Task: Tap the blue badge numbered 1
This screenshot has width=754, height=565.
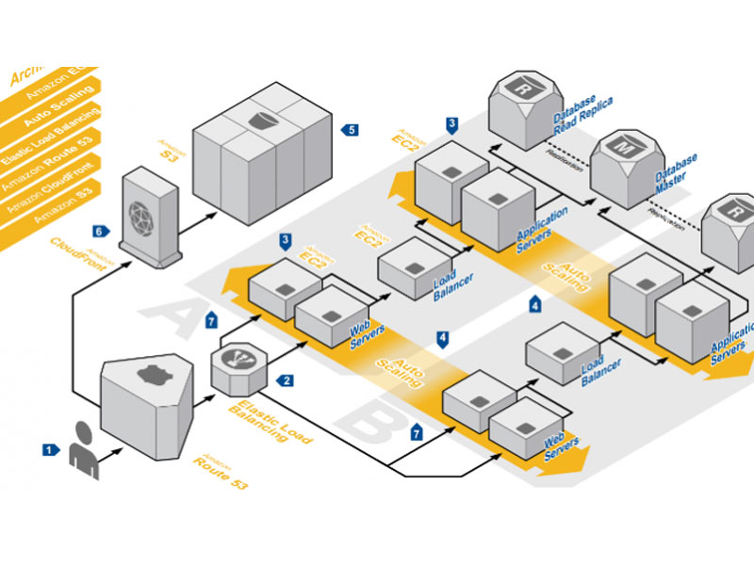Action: (48, 450)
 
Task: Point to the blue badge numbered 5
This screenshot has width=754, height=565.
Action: (351, 129)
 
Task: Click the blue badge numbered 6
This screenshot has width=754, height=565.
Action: (98, 230)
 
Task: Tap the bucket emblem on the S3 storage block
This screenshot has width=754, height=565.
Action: (263, 120)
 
